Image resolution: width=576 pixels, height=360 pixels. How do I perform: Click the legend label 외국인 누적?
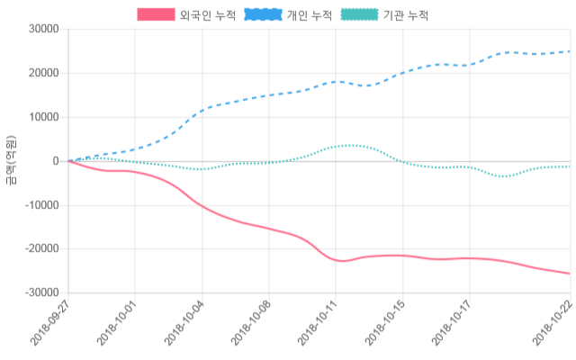click(x=202, y=15)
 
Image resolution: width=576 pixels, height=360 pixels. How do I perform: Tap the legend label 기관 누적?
click(x=405, y=15)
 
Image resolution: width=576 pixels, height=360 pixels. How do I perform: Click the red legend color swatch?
click(x=156, y=15)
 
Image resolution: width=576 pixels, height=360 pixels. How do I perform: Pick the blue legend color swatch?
click(x=263, y=15)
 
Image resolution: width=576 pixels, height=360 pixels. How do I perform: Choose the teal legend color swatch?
click(x=359, y=15)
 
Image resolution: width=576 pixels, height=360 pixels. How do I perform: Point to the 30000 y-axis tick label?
click(x=44, y=29)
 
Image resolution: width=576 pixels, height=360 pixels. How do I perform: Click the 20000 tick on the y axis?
click(x=44, y=73)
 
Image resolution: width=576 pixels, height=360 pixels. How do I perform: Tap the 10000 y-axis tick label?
click(x=44, y=117)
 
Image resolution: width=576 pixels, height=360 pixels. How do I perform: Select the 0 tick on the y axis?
click(x=56, y=161)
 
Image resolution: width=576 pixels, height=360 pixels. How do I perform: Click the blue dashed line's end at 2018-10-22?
click(x=569, y=51)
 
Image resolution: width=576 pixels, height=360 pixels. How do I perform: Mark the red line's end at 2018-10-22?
click(x=569, y=274)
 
